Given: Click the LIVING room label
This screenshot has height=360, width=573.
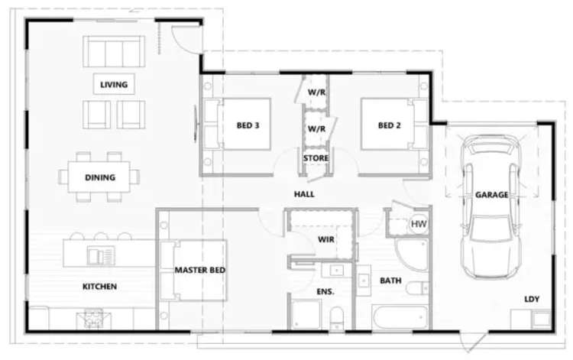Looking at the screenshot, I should tap(114, 84).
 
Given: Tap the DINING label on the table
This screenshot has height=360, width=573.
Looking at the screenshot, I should tap(100, 177).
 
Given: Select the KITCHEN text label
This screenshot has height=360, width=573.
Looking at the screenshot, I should tap(100, 287).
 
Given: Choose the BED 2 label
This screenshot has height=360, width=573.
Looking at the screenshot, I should tap(389, 125).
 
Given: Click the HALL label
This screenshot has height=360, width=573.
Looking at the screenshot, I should tap(304, 194).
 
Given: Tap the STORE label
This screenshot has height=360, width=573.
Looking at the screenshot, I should tap(316, 158).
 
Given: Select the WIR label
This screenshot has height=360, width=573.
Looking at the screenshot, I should tap(326, 239).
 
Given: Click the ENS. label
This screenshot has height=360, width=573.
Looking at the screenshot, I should tap(326, 291).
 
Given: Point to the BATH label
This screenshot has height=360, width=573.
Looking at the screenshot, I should tap(391, 281).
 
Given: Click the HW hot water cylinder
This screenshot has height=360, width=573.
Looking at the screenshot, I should tap(419, 223).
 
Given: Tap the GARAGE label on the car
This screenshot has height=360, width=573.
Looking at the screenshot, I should tap(491, 195).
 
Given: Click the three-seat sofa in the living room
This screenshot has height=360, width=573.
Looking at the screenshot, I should tap(115, 51).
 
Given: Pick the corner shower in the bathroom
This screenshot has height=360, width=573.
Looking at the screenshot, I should tap(413, 255).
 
